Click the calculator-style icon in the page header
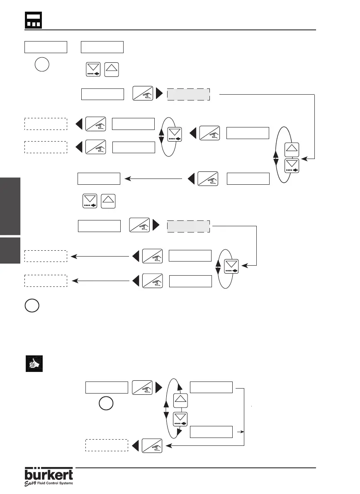click(x=34, y=20)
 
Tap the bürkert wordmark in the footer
click(x=49, y=474)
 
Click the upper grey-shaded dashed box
click(x=189, y=94)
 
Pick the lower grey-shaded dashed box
click(x=189, y=227)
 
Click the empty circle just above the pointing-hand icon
click(x=32, y=306)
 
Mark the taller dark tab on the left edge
click(x=10, y=206)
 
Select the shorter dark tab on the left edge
click(x=10, y=250)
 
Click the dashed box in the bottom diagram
click(x=107, y=445)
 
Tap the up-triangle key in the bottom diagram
click(x=180, y=400)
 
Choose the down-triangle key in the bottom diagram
click(x=180, y=419)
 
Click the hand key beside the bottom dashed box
click(x=152, y=445)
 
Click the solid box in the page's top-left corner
click(x=46, y=47)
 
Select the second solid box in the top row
click(x=102, y=47)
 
